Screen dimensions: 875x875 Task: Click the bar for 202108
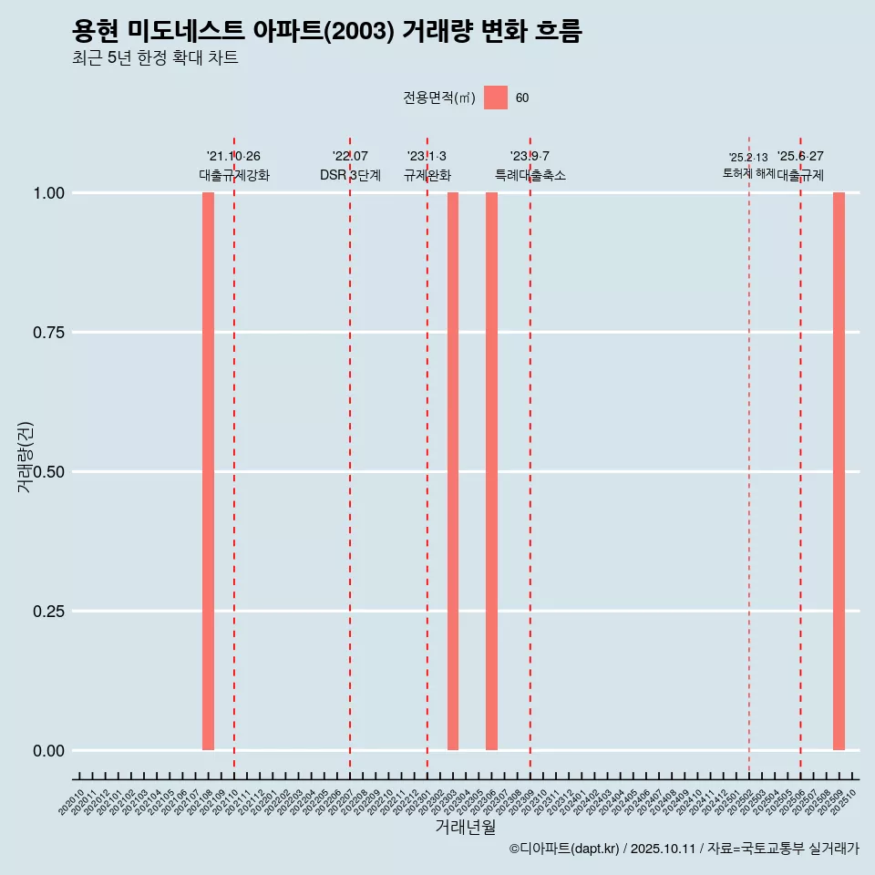pos(208,471)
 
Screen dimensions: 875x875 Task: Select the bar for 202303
pos(453,471)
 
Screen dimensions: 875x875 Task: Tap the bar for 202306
pos(491,471)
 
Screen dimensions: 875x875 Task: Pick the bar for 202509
pos(839,471)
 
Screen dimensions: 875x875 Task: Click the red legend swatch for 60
pos(496,98)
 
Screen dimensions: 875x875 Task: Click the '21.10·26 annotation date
pos(233,157)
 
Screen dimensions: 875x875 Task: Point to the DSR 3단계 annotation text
pos(350,175)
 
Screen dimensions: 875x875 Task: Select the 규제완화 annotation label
pos(427,175)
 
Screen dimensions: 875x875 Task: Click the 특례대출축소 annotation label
pos(530,175)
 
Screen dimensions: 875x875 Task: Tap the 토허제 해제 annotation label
pos(748,172)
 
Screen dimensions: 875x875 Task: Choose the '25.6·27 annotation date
pos(800,157)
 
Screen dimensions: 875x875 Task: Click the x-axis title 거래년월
pos(465,828)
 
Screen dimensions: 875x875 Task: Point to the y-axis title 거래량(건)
pos(25,457)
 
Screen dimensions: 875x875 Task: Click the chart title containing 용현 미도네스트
pos(326,32)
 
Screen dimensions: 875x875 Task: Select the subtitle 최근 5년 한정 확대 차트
pos(155,58)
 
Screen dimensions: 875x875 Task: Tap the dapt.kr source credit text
pos(684,849)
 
